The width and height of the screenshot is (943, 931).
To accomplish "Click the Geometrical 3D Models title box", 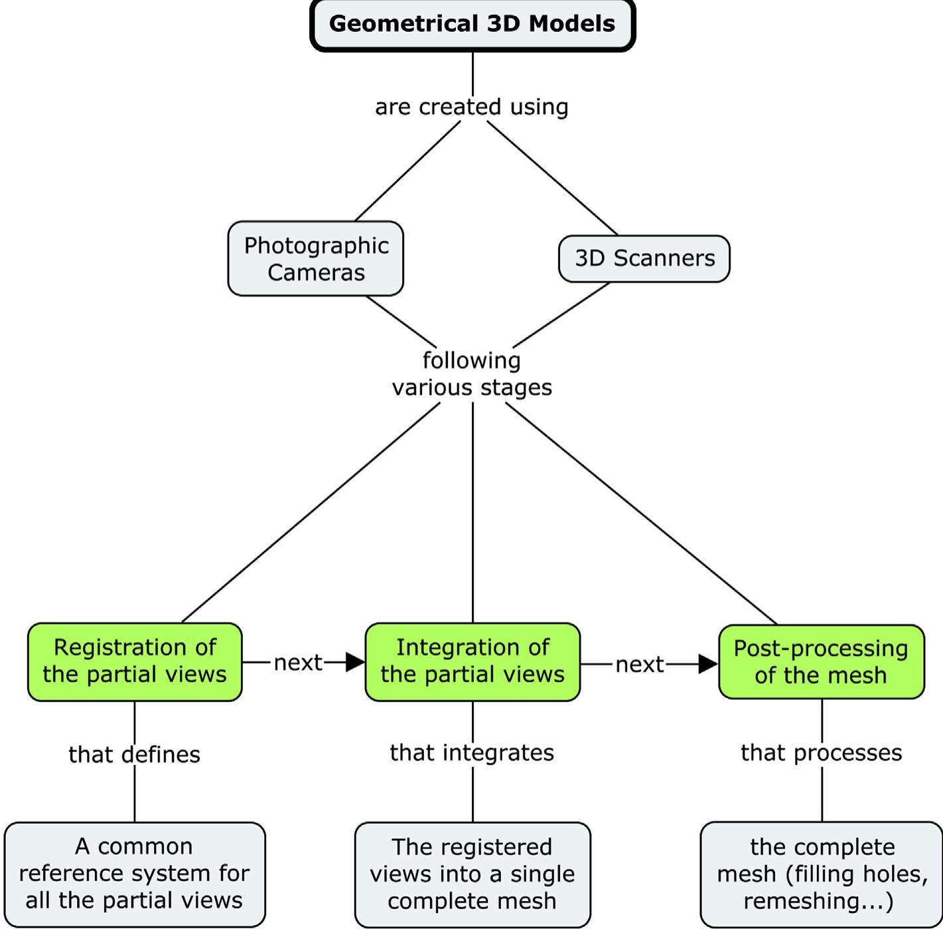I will [472, 25].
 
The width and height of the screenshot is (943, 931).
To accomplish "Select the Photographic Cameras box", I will [315, 259].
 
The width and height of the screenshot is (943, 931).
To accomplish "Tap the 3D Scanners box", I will [644, 258].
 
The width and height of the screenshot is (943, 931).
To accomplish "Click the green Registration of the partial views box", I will [135, 662].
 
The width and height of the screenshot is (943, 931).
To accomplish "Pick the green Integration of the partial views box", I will [472, 662].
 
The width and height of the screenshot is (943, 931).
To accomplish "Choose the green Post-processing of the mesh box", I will [821, 662].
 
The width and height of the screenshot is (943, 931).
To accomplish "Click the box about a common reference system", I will [135, 874].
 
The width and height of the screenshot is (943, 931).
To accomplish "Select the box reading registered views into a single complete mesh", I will [472, 875].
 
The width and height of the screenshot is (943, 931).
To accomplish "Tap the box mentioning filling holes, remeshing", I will [822, 875].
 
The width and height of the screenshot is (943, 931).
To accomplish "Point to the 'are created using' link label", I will [472, 107].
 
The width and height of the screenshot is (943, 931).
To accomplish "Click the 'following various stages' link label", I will [472, 374].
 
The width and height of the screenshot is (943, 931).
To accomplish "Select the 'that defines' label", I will [135, 754].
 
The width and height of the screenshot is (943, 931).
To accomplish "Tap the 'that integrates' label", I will [472, 752].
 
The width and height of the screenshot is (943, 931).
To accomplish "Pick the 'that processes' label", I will [822, 752].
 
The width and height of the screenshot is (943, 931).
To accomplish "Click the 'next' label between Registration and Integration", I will [298, 662].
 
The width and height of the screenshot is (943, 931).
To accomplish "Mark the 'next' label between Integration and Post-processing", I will [640, 664].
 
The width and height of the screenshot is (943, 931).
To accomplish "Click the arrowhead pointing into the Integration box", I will [355, 662].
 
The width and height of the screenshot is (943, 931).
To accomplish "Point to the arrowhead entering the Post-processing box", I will [708, 664].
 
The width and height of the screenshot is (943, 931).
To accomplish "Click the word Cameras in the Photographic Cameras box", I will [316, 273].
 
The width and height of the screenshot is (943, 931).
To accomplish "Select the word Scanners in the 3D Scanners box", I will [664, 258].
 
